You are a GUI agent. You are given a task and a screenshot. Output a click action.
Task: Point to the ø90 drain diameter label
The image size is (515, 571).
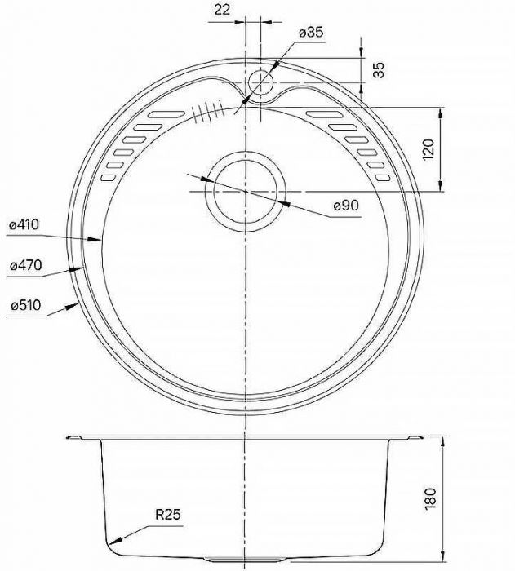pyautogui.click(x=346, y=206)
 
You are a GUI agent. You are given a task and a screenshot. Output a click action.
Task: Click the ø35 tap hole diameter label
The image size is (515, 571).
pyautogui.click(x=312, y=32)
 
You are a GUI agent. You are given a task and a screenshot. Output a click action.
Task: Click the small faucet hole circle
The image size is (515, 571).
pyautogui.click(x=261, y=82)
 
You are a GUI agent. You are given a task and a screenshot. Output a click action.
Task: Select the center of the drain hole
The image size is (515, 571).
pyautogui.click(x=245, y=190)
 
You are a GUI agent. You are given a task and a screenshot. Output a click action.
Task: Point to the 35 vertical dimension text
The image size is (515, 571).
pyautogui.click(x=378, y=69)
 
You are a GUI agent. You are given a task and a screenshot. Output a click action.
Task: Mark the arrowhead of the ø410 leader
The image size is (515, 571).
pyautogui.click(x=100, y=241)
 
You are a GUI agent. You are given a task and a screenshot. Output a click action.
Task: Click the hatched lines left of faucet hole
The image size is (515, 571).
pyautogui.click(x=207, y=111)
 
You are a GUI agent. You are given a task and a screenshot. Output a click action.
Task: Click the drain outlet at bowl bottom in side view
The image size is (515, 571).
pyautogui.click(x=245, y=558)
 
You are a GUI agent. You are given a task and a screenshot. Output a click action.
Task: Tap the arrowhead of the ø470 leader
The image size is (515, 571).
pyautogui.click(x=86, y=268)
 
